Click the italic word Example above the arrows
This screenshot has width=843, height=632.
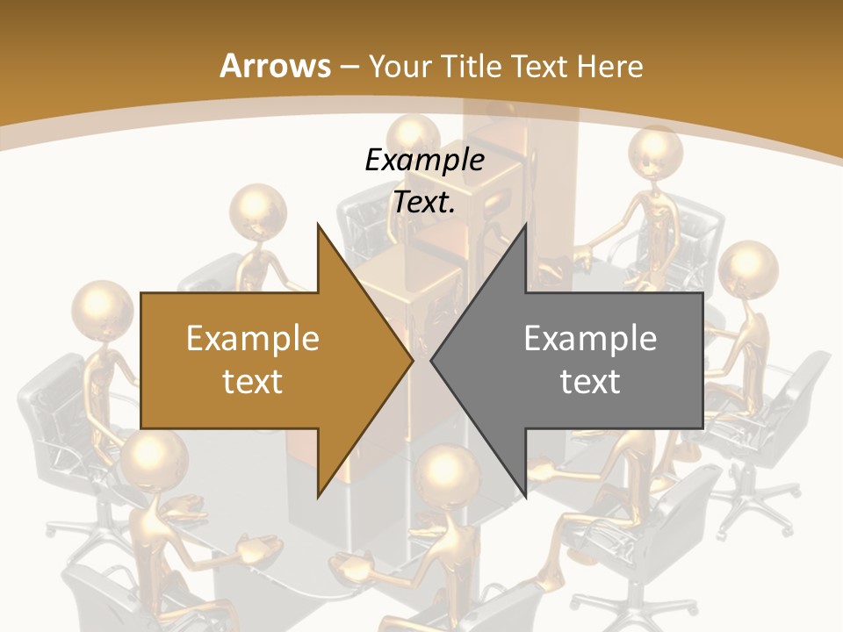[424, 161]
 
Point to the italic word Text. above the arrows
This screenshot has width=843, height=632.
[424, 203]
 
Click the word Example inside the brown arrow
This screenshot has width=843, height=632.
[253, 338]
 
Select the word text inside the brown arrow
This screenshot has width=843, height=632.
[253, 382]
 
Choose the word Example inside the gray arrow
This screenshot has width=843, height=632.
[590, 338]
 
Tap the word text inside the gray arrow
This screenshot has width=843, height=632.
[590, 382]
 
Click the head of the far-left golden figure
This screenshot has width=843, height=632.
[104, 310]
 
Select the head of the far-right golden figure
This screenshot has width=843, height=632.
[748, 269]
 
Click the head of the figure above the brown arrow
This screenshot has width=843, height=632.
[258, 212]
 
